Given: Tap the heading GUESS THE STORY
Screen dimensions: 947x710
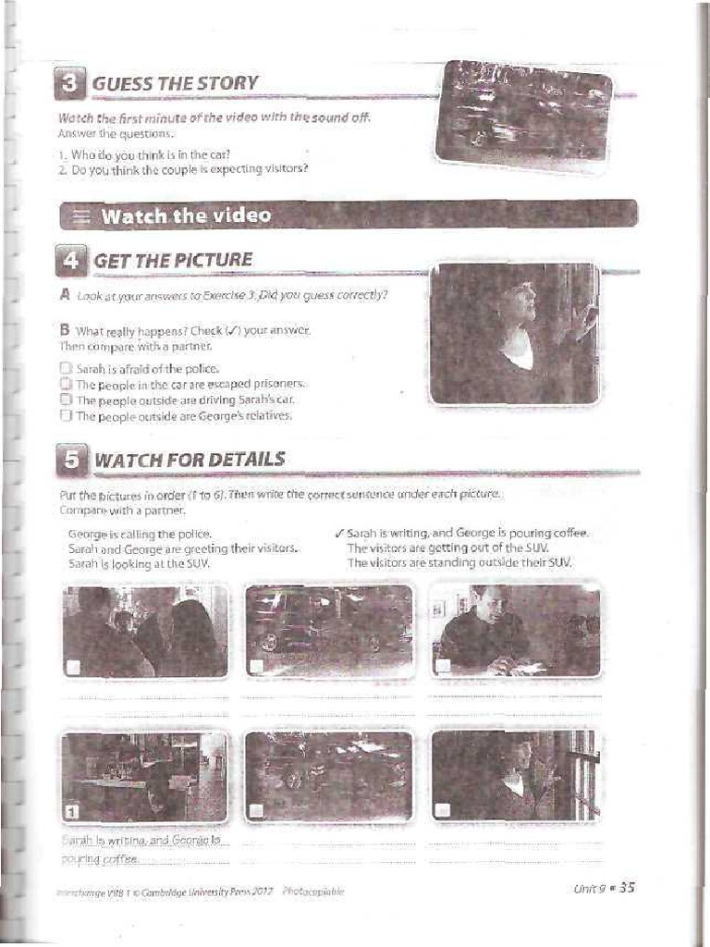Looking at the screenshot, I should [x=176, y=83].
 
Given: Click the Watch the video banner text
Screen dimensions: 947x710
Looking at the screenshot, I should [x=186, y=215].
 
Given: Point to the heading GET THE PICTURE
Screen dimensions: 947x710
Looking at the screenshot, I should [x=173, y=260].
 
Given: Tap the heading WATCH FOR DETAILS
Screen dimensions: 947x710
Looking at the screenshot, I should [x=190, y=460].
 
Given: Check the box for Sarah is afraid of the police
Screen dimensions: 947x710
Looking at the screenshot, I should [x=66, y=369].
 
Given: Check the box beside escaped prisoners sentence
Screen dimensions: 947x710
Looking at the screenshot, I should [x=66, y=384].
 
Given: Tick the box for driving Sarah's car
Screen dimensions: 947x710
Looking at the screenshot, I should [x=66, y=400].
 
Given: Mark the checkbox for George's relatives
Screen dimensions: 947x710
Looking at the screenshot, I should [x=66, y=415].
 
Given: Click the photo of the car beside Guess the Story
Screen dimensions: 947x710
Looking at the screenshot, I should [x=523, y=115].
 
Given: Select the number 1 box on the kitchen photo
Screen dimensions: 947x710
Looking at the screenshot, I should [x=72, y=812].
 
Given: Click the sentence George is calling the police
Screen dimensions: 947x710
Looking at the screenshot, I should [x=140, y=534].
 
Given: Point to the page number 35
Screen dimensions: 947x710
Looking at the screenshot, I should [x=626, y=888].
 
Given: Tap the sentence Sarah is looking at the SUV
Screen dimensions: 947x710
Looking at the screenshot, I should [x=139, y=562].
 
